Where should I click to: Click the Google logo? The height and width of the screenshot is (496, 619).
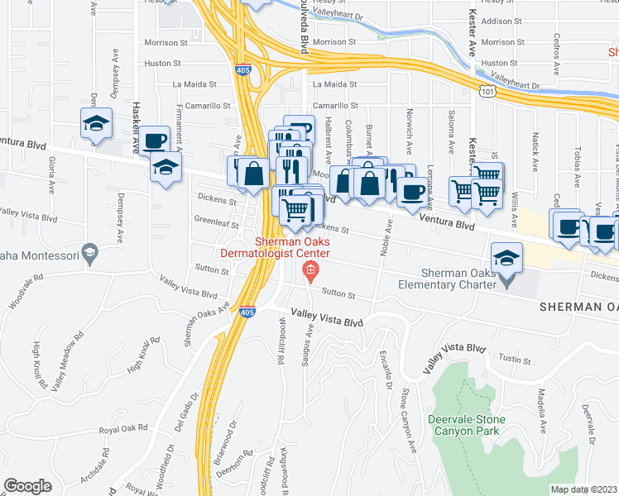tap(27, 485)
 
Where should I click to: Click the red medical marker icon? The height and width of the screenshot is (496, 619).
tap(310, 269)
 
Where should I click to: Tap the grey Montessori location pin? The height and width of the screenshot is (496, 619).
tap(91, 249)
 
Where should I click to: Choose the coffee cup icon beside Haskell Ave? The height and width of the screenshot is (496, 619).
tap(154, 141)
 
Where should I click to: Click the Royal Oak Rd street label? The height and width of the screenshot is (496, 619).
tap(122, 428)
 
